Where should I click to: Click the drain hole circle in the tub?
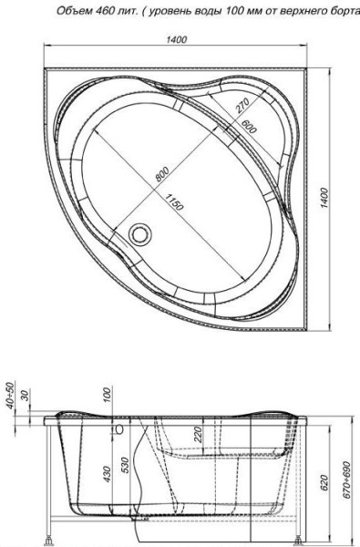pyautogui.click(x=140, y=234)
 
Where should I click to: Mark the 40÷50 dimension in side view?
pyautogui.click(x=10, y=397)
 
